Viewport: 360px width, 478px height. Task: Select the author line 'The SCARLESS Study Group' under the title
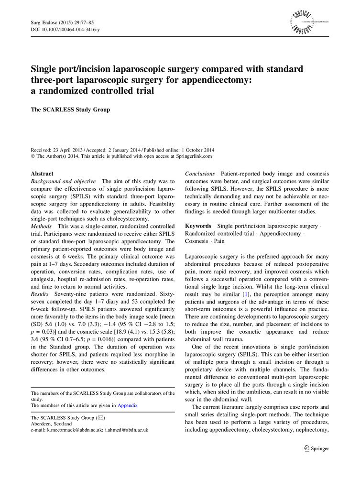pos(70,109)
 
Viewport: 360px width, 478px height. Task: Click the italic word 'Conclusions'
pos(200,174)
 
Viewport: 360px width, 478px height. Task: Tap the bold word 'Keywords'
pos(198,226)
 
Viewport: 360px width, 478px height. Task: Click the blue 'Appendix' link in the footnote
pos(128,405)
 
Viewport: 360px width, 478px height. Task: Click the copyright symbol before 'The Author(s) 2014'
pos(33,156)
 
